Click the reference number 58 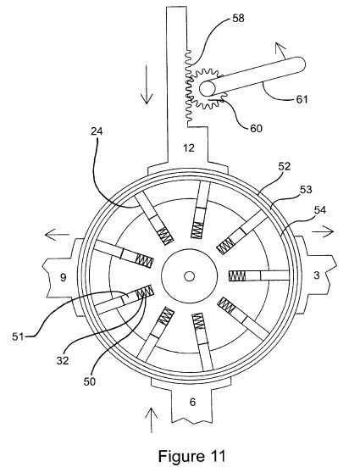click(238, 18)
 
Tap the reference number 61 click(302, 99)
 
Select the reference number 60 click(256, 128)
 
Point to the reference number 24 click(97, 131)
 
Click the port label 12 click(189, 147)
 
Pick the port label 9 click(64, 278)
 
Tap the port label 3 click(317, 275)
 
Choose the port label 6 click(192, 402)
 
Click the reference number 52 click(284, 166)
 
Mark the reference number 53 click(306, 189)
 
